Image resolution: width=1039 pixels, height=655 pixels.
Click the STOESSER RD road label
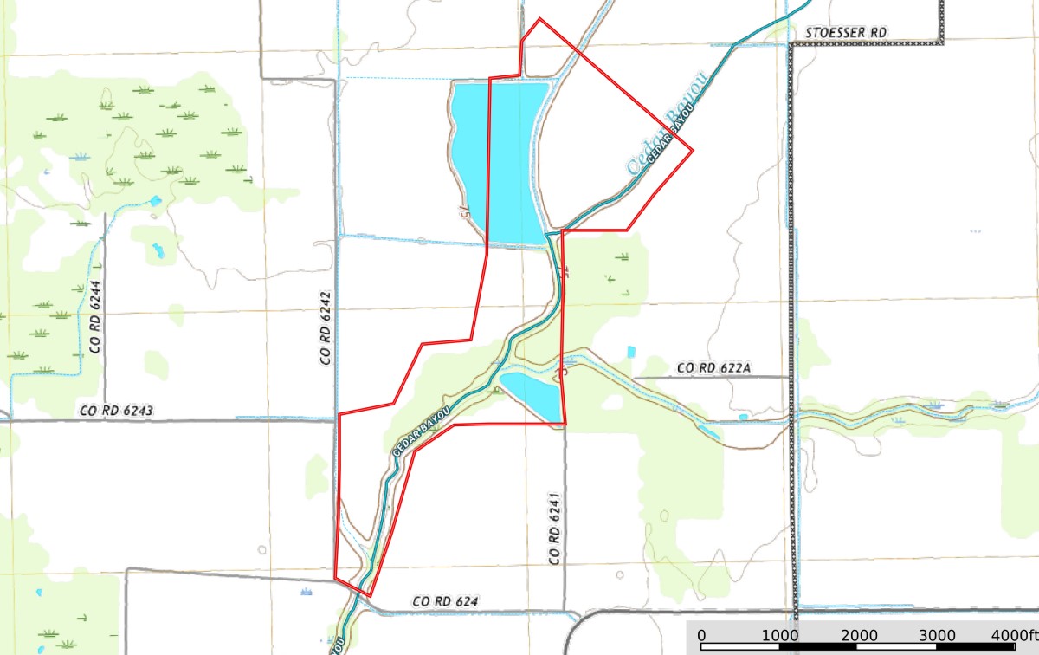(845, 32)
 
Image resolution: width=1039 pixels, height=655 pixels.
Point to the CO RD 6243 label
(116, 411)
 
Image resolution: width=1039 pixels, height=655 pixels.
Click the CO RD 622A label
(713, 369)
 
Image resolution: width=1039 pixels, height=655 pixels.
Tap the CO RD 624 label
(445, 601)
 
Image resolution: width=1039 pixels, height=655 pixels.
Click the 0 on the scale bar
(701, 635)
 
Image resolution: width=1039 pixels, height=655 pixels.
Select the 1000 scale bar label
(780, 635)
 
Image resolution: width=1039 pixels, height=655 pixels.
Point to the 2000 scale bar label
(859, 635)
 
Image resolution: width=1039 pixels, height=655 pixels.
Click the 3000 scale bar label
(938, 635)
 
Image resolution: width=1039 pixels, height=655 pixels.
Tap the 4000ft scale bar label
(1014, 635)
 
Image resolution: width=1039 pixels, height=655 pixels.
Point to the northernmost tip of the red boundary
(539, 18)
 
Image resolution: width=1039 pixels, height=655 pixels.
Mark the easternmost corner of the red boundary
(694, 150)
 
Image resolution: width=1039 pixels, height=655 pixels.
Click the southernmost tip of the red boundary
(371, 596)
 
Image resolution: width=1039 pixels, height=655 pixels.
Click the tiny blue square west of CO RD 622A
(630, 351)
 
